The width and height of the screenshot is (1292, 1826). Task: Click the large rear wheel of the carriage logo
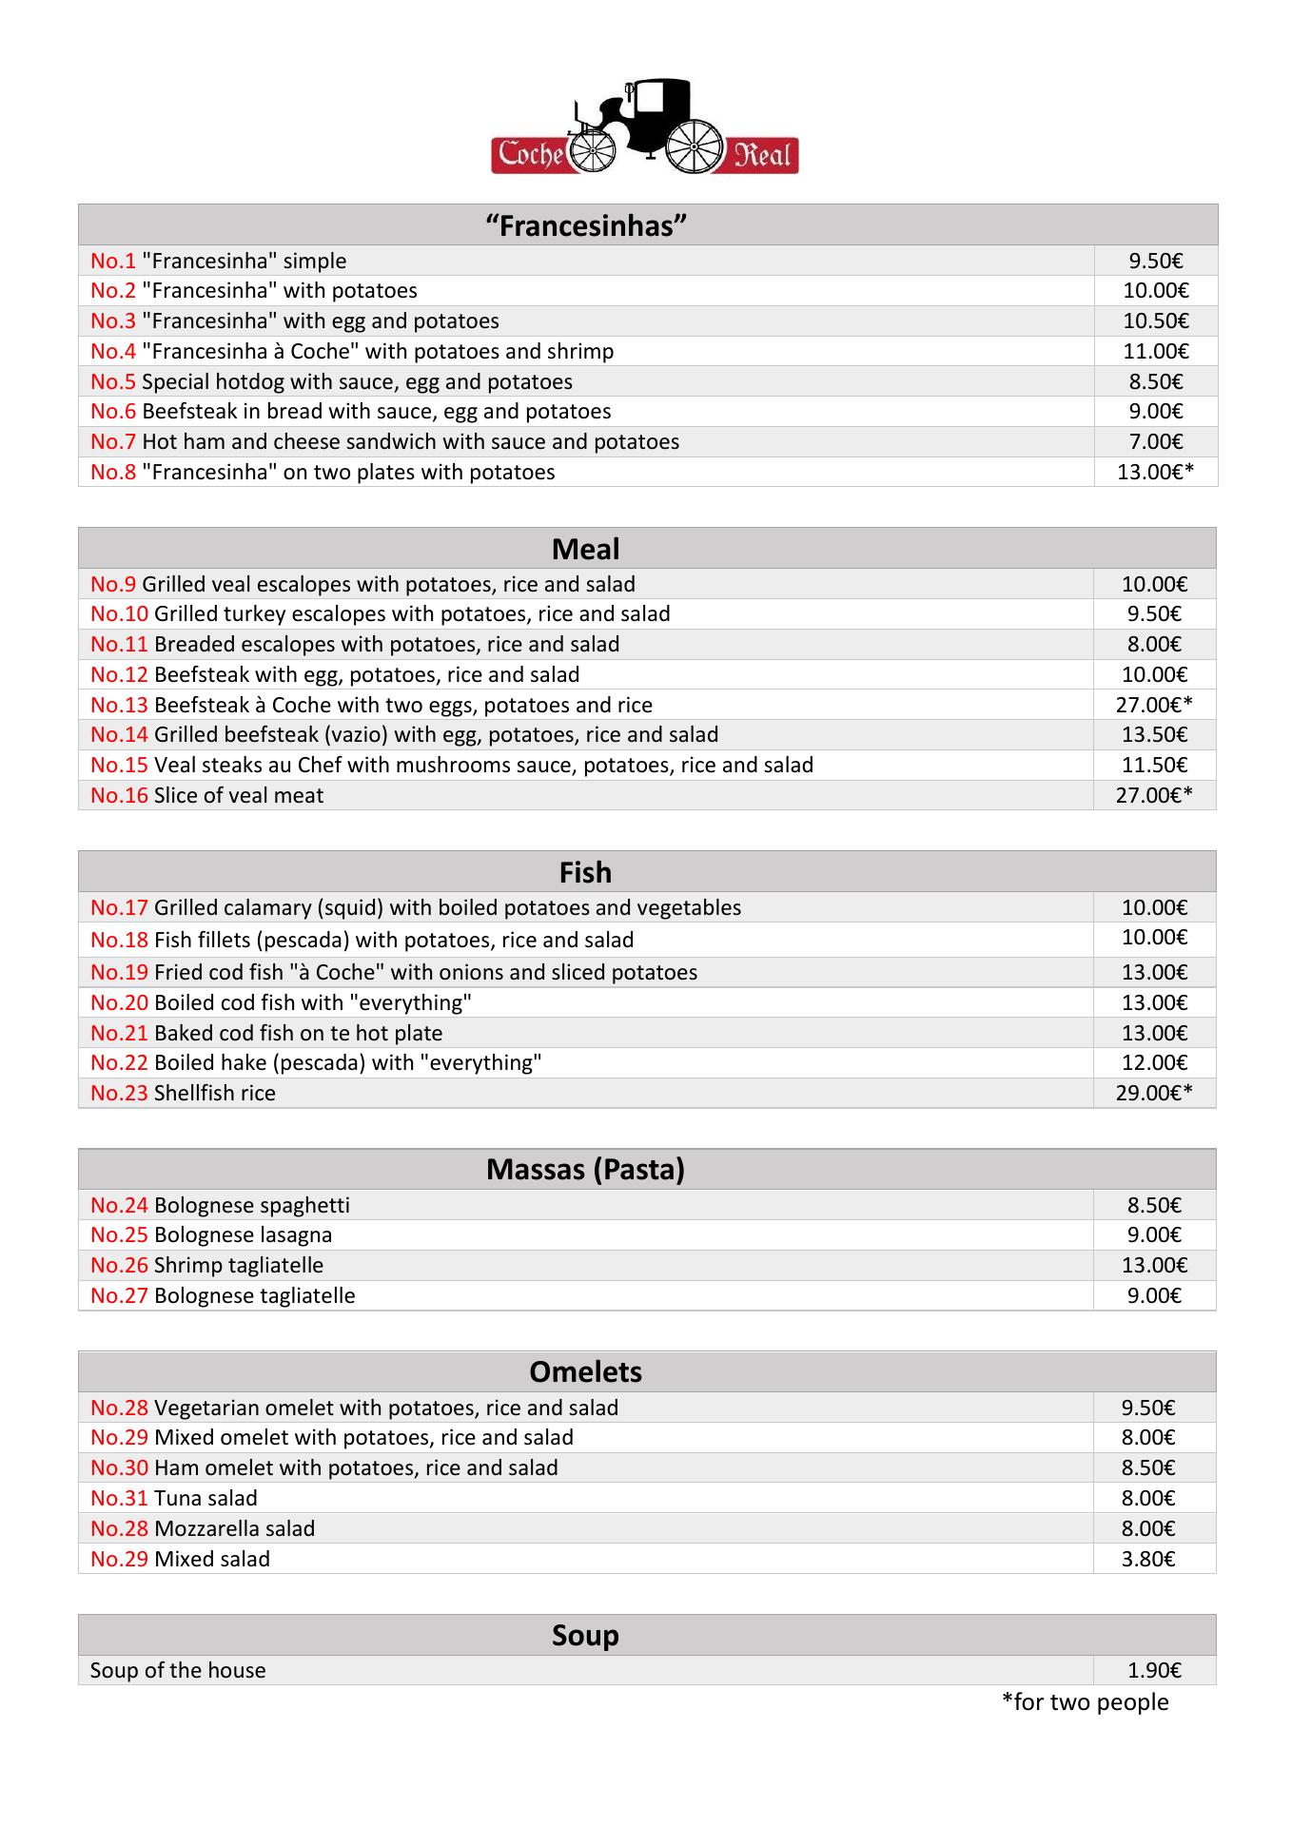click(x=695, y=147)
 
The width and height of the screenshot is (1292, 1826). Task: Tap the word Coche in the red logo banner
click(x=530, y=154)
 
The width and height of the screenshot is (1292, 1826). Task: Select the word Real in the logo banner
click(x=762, y=154)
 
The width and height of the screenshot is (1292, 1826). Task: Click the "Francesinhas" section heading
click(x=586, y=225)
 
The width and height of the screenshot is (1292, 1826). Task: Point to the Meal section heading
click(x=585, y=549)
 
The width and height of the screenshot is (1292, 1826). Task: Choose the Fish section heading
click(x=585, y=872)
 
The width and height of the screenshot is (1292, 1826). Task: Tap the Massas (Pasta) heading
click(x=585, y=1169)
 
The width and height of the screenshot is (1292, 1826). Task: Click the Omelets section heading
click(x=585, y=1371)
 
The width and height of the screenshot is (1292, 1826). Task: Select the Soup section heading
click(x=585, y=1635)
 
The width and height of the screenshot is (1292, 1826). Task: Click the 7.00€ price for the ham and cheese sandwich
click(x=1155, y=441)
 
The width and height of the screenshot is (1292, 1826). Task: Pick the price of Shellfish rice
click(x=1154, y=1093)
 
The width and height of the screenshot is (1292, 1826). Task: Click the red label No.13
click(x=119, y=705)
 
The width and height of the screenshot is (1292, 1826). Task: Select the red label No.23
click(x=119, y=1093)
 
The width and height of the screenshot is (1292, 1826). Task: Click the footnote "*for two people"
click(x=1085, y=1701)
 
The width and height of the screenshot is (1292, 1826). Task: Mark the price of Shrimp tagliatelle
click(x=1154, y=1265)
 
